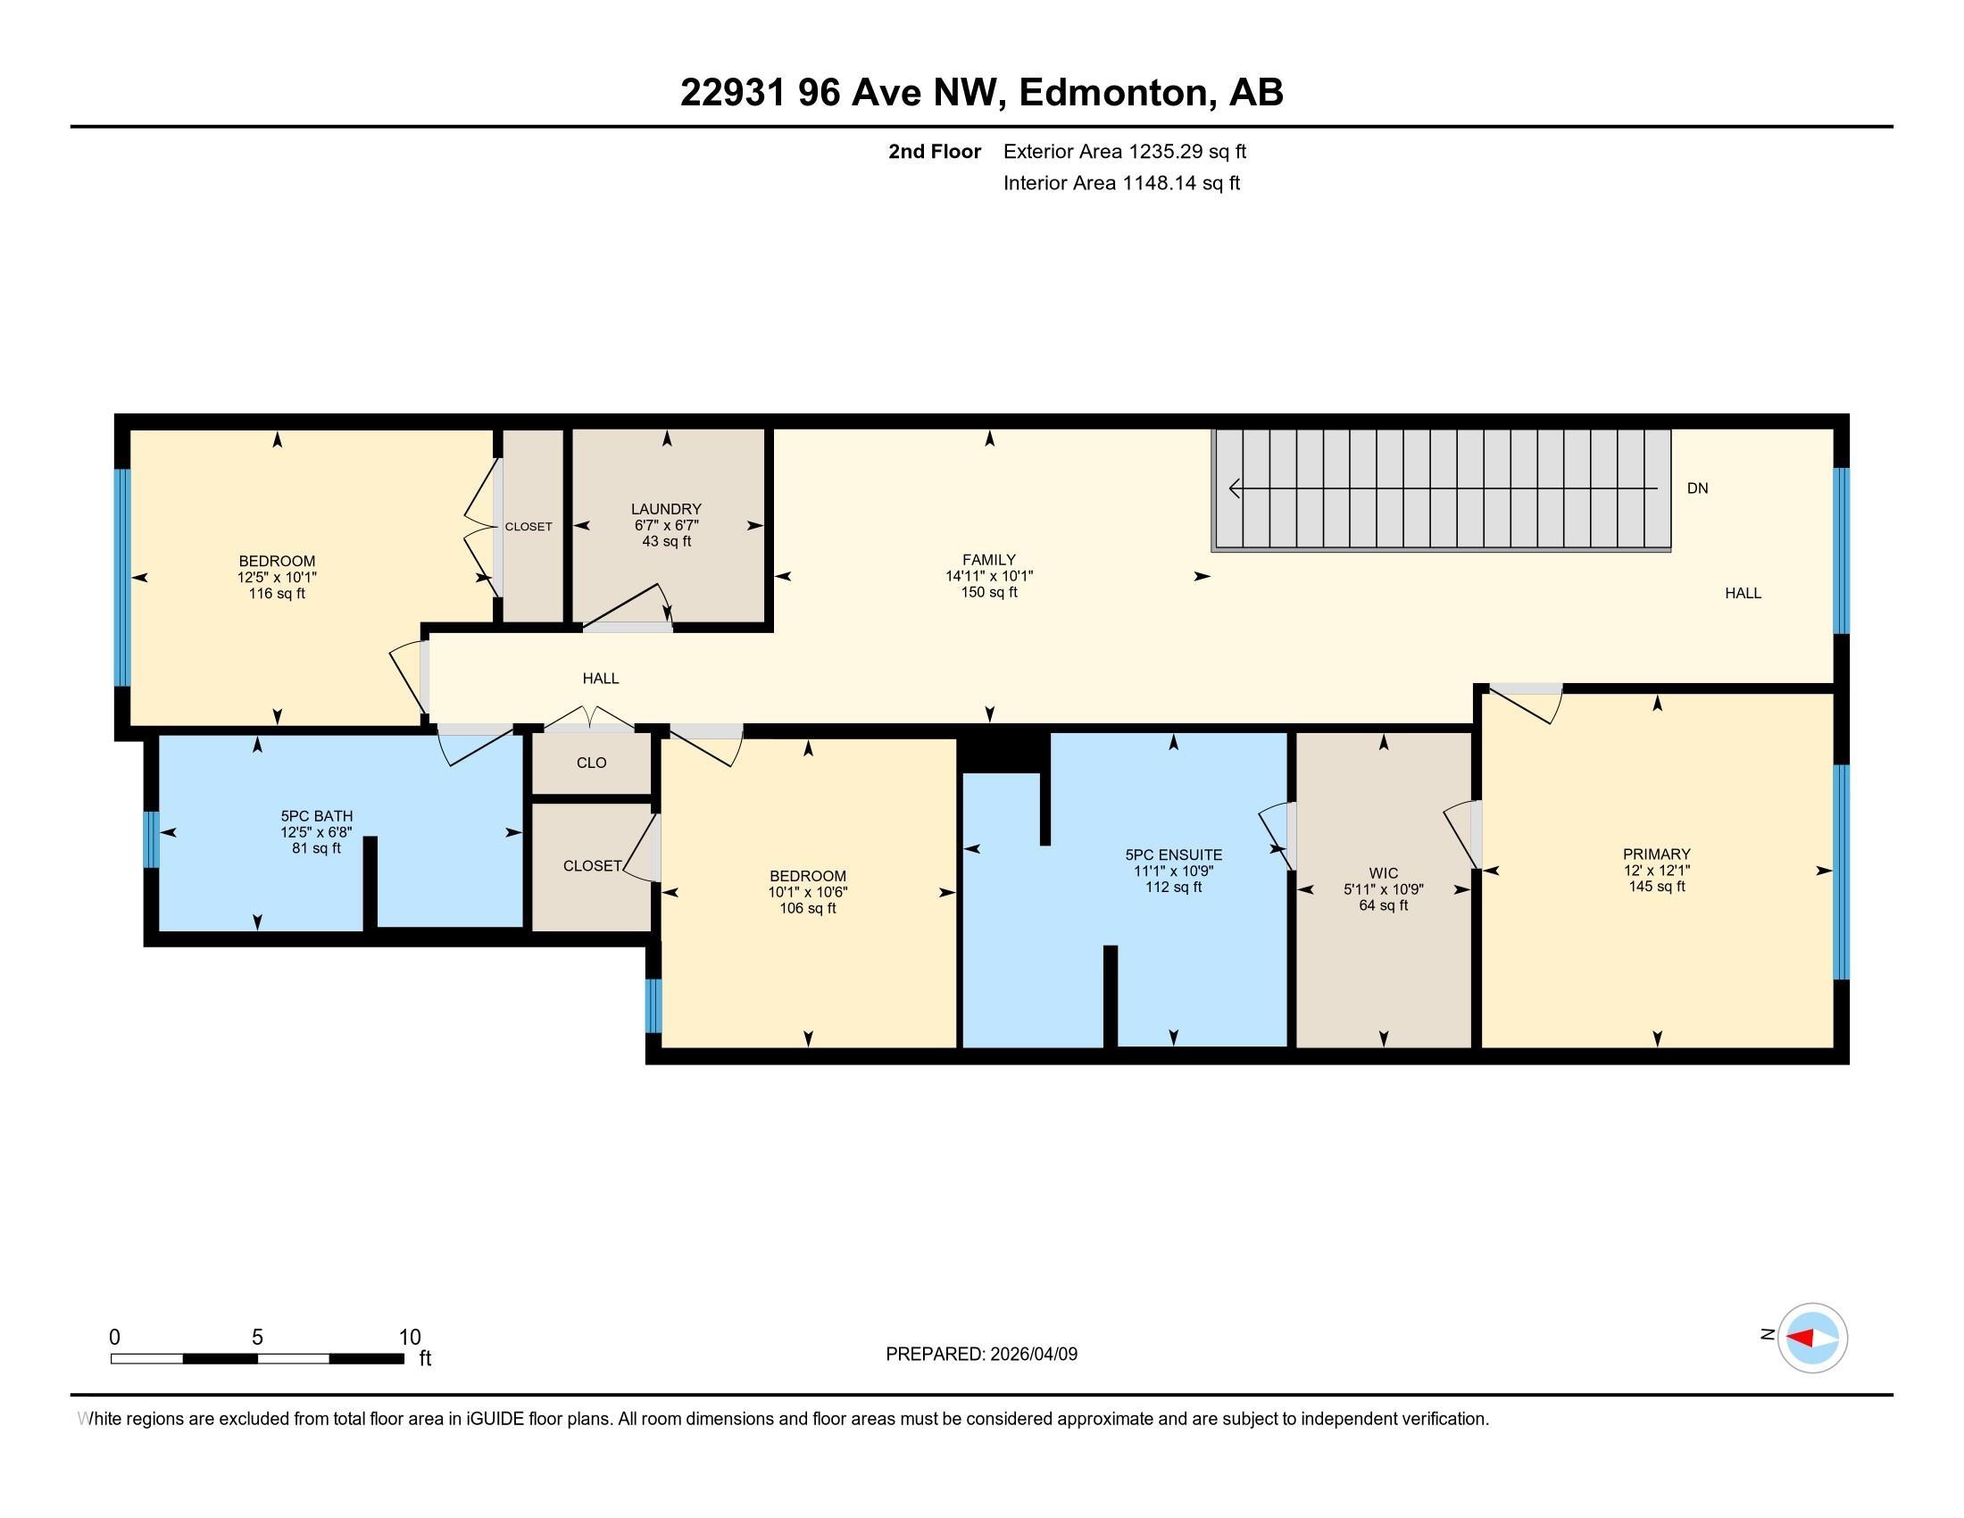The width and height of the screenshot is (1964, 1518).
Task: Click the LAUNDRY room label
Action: [x=665, y=509]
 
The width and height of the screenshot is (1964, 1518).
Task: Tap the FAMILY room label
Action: [x=988, y=559]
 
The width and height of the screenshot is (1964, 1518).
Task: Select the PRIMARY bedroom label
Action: [x=1656, y=854]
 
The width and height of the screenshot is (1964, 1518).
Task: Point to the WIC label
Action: [x=1383, y=873]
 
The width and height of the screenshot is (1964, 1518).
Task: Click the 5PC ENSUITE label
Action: [x=1174, y=855]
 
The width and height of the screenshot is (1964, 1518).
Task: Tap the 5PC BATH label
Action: [x=317, y=816]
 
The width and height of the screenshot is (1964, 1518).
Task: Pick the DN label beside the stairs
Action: [x=1697, y=488]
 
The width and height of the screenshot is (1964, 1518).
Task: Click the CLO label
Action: [x=592, y=763]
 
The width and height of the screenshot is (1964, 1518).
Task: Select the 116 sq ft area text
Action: [x=277, y=594]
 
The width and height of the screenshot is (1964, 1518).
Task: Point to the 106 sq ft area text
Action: [x=808, y=908]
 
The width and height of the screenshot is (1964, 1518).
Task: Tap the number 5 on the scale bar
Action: [x=257, y=1338]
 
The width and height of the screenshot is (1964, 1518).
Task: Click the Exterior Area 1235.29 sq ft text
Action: [x=1125, y=151]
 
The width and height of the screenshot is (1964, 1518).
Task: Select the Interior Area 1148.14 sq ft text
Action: [x=1121, y=182]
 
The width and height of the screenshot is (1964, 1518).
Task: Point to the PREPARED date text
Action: [x=981, y=1354]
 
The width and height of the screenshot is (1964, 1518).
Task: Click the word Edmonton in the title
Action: [x=1112, y=92]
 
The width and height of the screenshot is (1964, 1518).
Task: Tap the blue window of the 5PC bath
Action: [x=151, y=839]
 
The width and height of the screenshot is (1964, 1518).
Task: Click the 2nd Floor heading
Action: [x=935, y=151]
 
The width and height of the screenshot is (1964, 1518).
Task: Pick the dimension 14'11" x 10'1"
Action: [x=988, y=577]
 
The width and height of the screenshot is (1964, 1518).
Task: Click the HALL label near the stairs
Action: [x=1743, y=594]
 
